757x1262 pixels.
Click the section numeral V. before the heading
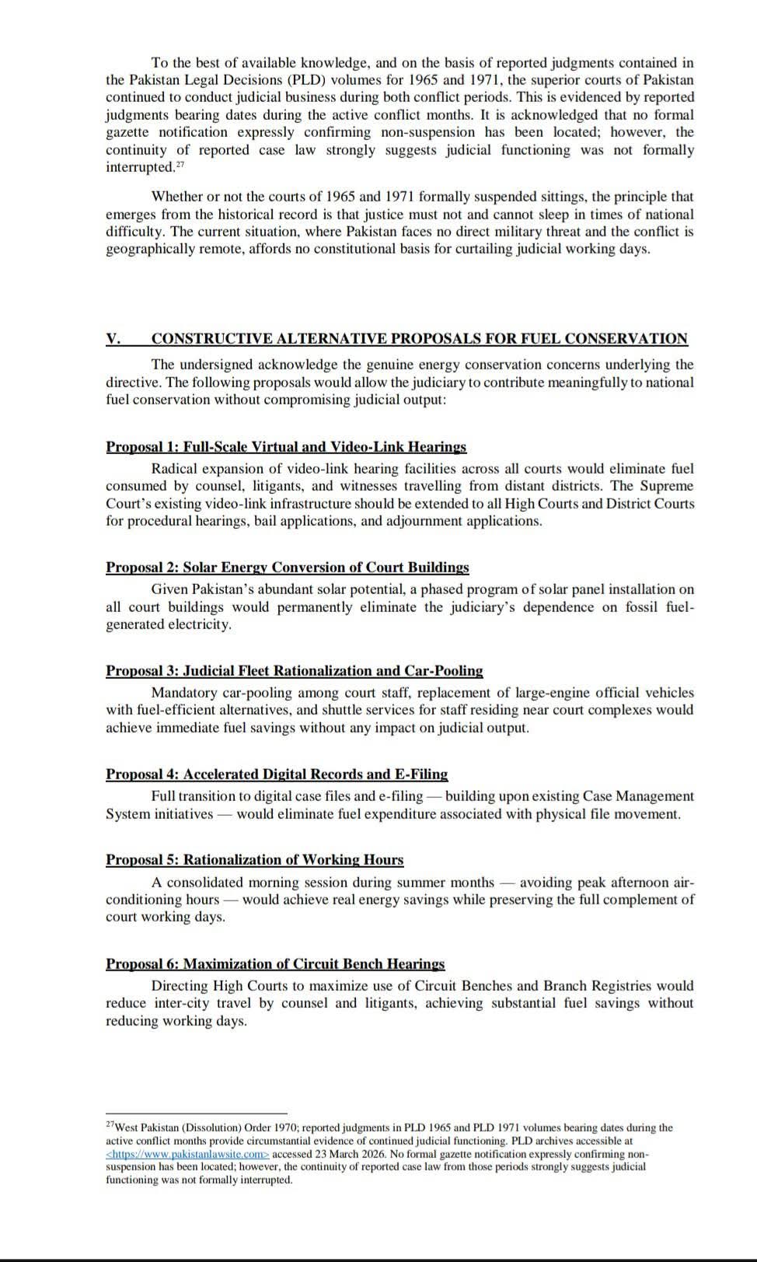(113, 338)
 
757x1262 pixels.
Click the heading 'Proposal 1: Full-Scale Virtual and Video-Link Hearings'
(286, 446)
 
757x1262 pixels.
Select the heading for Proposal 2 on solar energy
(288, 567)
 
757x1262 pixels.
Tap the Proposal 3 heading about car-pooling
(294, 670)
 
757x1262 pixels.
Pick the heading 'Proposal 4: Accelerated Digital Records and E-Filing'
(277, 774)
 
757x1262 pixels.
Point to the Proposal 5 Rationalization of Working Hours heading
(254, 859)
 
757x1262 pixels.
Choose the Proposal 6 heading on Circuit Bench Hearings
(275, 963)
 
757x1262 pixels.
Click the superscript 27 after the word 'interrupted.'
(180, 164)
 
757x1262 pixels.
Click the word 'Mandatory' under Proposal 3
(184, 692)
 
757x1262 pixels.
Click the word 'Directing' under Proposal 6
(180, 985)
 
